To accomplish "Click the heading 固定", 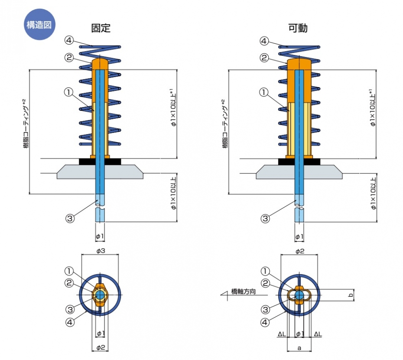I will (101, 28).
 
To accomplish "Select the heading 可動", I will (298, 28).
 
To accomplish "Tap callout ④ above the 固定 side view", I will (69, 41).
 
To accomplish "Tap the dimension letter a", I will (299, 348).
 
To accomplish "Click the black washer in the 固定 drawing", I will (100, 161).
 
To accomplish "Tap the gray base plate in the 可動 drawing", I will (299, 172).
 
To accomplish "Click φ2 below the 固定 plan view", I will (100, 347).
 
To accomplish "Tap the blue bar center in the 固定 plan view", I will (100, 295).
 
